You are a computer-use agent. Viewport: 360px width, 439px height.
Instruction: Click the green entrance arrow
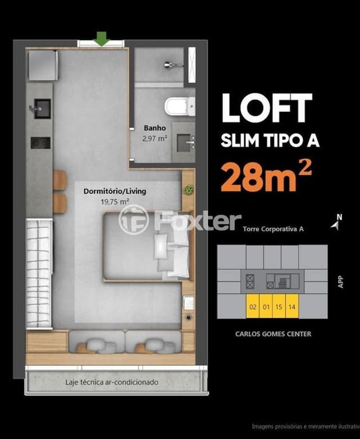(x=101, y=39)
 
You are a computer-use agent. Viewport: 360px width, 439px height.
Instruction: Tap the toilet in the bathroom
(x=179, y=106)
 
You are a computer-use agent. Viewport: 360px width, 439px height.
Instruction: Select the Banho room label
(x=155, y=128)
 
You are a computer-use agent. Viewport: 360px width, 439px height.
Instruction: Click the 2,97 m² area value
(x=155, y=138)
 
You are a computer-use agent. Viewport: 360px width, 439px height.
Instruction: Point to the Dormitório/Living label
(x=115, y=192)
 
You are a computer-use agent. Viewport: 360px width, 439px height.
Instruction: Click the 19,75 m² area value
(x=115, y=202)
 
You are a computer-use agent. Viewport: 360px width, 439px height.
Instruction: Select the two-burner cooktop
(x=40, y=143)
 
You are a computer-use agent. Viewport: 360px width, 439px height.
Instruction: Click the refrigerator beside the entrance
(x=43, y=66)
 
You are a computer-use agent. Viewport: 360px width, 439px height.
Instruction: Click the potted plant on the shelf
(x=188, y=189)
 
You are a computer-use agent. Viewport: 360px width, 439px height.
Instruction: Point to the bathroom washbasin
(x=186, y=143)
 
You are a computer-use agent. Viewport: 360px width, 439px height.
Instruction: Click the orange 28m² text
(x=266, y=178)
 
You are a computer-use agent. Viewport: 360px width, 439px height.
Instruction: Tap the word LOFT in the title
(x=267, y=108)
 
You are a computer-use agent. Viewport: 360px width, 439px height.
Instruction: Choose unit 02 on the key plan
(x=253, y=307)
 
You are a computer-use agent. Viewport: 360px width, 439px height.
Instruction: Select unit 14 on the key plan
(x=292, y=307)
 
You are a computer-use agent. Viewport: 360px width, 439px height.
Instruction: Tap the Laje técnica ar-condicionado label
(x=112, y=382)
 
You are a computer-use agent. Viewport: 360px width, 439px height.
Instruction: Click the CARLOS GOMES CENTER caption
(x=273, y=334)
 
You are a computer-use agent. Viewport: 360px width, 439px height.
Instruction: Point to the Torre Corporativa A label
(x=273, y=229)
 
